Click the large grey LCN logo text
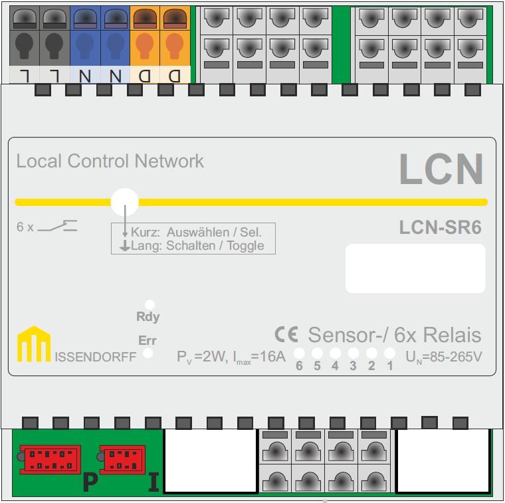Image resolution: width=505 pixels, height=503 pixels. click(x=441, y=169)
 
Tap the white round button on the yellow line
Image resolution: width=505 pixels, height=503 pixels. click(x=124, y=201)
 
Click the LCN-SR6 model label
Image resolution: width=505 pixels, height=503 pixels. click(x=440, y=228)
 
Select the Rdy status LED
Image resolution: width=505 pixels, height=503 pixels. click(x=150, y=304)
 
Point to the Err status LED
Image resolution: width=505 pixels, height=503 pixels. click(x=148, y=353)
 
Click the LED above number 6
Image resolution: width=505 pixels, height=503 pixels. click(x=299, y=353)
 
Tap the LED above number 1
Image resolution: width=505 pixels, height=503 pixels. click(x=390, y=353)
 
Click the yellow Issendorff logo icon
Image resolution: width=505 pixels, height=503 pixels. click(x=33, y=344)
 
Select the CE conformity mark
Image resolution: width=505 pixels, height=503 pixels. click(x=286, y=334)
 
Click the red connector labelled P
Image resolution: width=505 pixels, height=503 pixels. click(x=50, y=459)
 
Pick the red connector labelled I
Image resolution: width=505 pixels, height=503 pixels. click(x=122, y=459)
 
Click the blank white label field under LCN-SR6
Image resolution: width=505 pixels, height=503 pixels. click(x=415, y=268)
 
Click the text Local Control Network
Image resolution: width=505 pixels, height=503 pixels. click(x=110, y=161)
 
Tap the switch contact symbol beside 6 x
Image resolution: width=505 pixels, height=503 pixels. click(x=57, y=226)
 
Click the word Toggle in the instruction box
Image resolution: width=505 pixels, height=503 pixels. click(x=246, y=246)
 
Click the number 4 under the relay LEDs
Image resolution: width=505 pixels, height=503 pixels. click(x=335, y=366)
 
